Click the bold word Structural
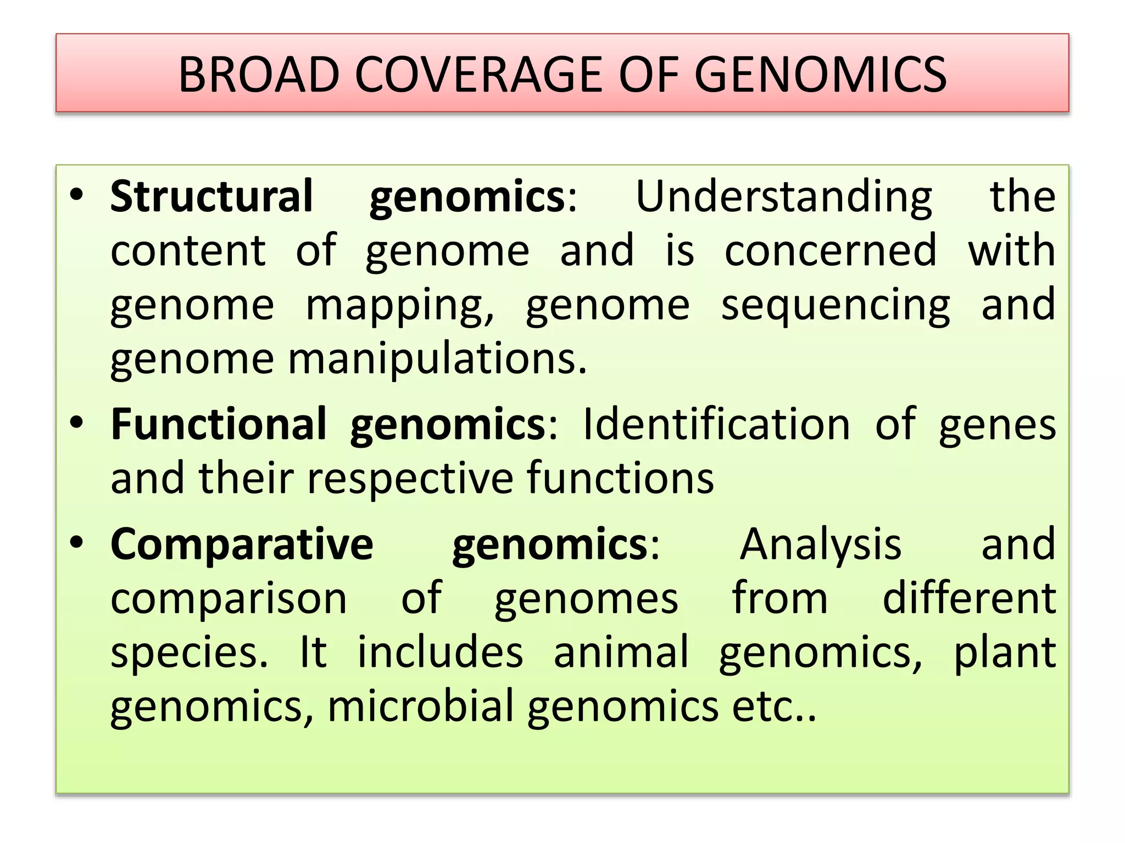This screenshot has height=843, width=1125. point(211,196)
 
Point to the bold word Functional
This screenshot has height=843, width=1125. point(219,424)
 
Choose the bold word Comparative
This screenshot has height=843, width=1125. point(242,544)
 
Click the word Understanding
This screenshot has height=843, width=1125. point(784,196)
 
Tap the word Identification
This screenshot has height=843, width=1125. point(716,424)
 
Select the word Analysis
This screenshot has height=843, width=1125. point(821,544)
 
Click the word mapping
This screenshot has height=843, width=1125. point(399,305)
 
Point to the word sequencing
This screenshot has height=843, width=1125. point(836,305)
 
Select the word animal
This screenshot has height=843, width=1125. point(621,652)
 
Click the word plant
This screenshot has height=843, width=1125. point(1005,652)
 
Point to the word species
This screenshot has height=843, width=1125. point(189,652)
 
